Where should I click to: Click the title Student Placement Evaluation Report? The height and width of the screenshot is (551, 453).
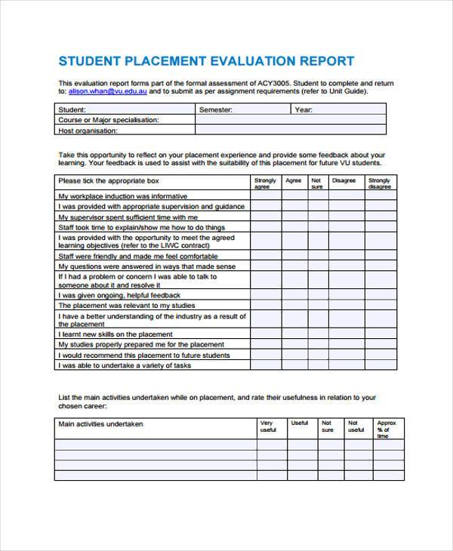click(206, 61)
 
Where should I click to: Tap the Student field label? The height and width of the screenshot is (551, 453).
click(72, 109)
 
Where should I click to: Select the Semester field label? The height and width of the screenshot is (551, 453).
click(215, 109)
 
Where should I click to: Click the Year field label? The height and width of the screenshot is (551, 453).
click(304, 109)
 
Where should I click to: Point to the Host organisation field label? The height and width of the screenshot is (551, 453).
click(88, 131)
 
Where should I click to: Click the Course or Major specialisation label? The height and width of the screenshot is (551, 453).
click(109, 120)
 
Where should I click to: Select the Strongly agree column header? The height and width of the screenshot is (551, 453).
click(266, 183)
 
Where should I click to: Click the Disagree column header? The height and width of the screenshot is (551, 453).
click(344, 181)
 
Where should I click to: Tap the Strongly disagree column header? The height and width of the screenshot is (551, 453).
click(379, 183)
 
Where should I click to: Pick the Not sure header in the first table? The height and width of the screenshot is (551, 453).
click(316, 183)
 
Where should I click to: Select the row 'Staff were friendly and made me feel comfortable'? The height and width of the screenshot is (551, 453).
click(132, 257)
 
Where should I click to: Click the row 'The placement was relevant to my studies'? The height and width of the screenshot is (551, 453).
click(127, 306)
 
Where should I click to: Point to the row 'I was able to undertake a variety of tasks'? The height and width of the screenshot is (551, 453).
click(125, 365)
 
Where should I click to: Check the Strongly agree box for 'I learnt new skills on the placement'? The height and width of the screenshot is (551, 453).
click(266, 334)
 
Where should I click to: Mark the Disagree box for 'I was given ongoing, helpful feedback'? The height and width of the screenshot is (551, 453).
click(344, 295)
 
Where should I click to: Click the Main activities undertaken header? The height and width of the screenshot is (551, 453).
click(100, 424)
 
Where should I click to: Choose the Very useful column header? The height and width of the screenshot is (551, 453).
click(268, 426)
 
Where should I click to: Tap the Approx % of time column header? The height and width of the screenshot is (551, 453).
click(386, 429)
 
